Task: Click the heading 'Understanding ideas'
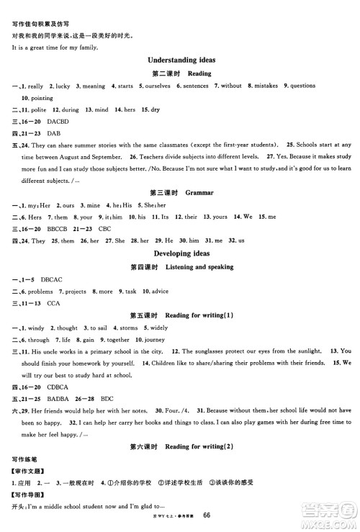coord(181,60)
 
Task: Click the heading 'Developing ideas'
coord(181,253)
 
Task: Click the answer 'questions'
coord(302,86)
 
